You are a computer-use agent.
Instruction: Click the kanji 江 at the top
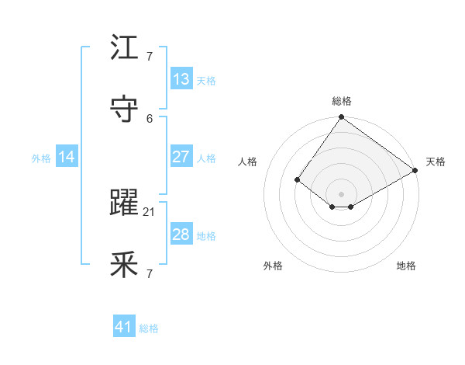(x=124, y=48)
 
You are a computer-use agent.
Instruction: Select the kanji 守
(x=124, y=109)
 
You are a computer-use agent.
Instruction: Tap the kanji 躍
(x=124, y=203)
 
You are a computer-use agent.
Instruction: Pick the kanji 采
(x=124, y=266)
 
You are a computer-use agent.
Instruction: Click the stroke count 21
(x=150, y=211)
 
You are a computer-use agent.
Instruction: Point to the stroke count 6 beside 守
(x=150, y=118)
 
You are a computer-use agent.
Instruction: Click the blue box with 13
(x=181, y=79)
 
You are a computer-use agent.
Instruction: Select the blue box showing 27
(x=181, y=157)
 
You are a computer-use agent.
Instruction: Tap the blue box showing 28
(x=181, y=235)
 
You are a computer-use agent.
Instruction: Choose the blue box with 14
(x=67, y=157)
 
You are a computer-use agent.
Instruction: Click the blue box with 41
(x=124, y=327)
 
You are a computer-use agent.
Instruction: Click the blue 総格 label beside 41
(x=149, y=328)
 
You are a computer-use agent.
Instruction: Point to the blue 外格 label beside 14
(x=41, y=158)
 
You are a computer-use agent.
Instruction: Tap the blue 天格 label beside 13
(x=206, y=81)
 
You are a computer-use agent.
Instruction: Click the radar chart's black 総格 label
(x=342, y=101)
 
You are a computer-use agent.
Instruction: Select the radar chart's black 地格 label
(x=406, y=266)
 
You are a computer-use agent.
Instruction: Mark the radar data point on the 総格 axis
(x=342, y=118)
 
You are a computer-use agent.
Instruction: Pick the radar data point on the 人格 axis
(x=298, y=179)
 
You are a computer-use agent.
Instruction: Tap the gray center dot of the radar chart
(x=342, y=194)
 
